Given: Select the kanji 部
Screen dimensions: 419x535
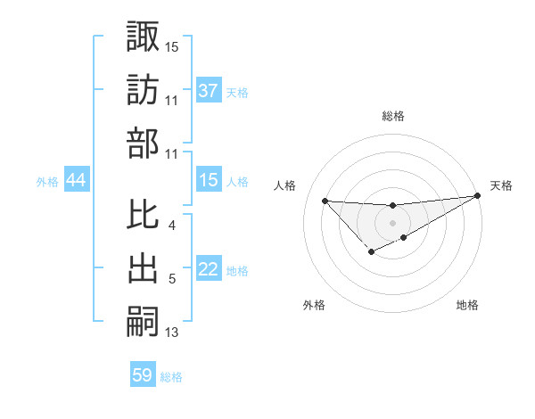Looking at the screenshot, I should (143, 143).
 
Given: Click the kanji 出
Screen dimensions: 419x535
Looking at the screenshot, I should (143, 267).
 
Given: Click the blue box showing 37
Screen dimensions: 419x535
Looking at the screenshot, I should (209, 91).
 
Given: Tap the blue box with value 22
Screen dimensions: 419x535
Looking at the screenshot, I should (209, 270).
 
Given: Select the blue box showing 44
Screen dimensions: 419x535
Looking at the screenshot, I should (76, 181).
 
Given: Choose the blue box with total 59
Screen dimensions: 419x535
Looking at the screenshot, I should (143, 375).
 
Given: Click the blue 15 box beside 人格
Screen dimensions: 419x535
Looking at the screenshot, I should (209, 181).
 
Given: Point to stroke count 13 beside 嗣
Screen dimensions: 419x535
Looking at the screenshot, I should (172, 333).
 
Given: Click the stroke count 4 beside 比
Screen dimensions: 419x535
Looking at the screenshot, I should (172, 226).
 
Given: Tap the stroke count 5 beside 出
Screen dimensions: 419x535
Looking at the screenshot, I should (172, 280).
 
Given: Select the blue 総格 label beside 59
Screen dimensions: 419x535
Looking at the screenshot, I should (171, 377).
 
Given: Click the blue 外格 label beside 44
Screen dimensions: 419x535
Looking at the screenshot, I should (47, 182).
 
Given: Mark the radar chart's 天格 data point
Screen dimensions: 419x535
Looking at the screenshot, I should (477, 196).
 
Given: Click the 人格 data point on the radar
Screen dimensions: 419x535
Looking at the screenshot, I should (325, 201).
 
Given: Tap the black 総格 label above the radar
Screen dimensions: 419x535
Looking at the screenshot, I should (392, 116).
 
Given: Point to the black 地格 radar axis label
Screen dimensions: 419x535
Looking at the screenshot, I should (467, 306).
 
